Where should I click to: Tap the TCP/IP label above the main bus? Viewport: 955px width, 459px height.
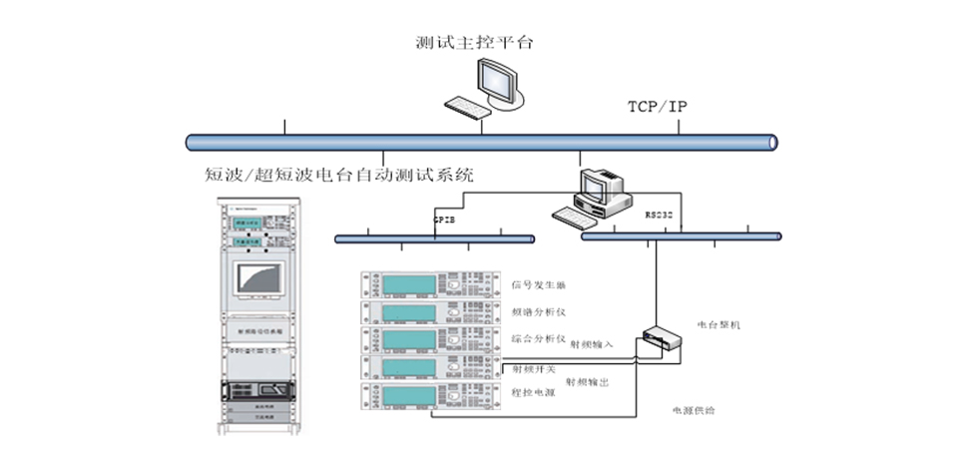click(x=657, y=106)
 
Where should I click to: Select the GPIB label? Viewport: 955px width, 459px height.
click(x=445, y=217)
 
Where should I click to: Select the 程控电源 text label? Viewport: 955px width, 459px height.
click(x=531, y=393)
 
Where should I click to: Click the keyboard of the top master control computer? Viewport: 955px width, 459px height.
click(x=465, y=105)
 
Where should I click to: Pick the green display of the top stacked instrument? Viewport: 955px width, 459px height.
click(x=406, y=284)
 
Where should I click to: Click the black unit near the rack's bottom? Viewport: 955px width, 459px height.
click(x=258, y=391)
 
